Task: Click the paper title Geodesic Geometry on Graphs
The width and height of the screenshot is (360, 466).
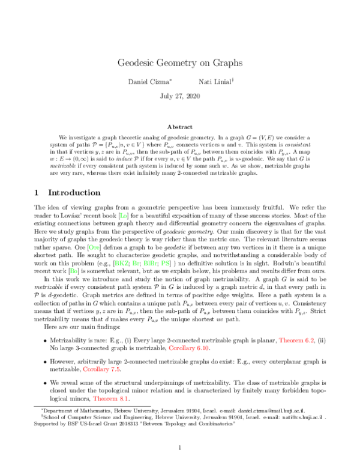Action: [179, 62]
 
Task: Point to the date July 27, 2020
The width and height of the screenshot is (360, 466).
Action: [179, 96]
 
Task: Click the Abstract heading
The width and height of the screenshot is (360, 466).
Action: [179, 127]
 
